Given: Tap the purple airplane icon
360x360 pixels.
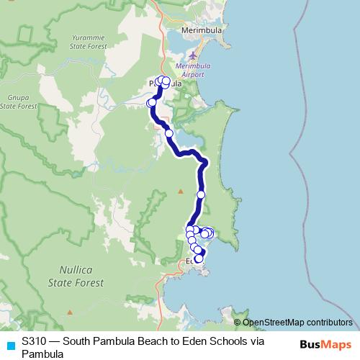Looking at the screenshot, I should pos(192,55).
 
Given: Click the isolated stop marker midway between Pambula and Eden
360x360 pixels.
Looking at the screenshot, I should pos(201,194).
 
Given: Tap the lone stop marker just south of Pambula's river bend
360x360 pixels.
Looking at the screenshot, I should pos(169,133).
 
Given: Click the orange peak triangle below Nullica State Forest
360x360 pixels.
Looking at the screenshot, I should pos(70,312).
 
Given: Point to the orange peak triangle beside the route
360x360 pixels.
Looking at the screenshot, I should pos(181,192).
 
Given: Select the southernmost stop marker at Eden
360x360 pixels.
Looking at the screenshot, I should pos(199,259).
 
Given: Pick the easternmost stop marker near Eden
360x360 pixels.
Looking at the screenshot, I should pos(210,233).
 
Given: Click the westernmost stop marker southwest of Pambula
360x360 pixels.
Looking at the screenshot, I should pos(151,103).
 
